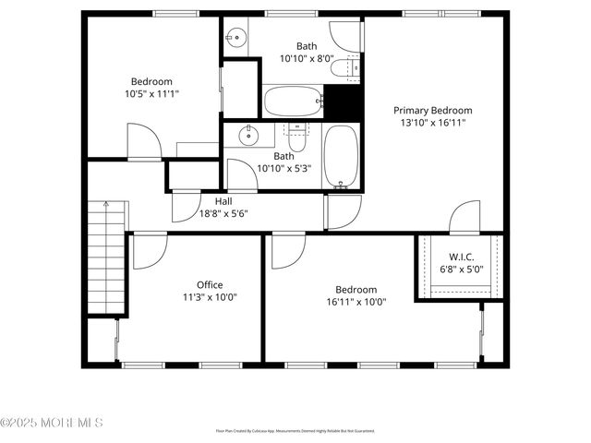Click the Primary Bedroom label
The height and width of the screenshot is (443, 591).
pyautogui.click(x=432, y=108)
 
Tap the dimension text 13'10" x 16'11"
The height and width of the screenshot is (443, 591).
pyautogui.click(x=432, y=121)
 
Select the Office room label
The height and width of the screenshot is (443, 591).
pyautogui.click(x=210, y=284)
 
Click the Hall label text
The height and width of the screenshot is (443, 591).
pyautogui.click(x=223, y=201)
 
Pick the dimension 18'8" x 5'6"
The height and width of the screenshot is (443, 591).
pyautogui.click(x=223, y=213)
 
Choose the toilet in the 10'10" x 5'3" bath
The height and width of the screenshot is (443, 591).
pyautogui.click(x=295, y=139)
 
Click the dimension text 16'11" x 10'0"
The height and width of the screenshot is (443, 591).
pyautogui.click(x=356, y=301)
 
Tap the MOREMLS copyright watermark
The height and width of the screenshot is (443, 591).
pyautogui.click(x=52, y=423)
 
